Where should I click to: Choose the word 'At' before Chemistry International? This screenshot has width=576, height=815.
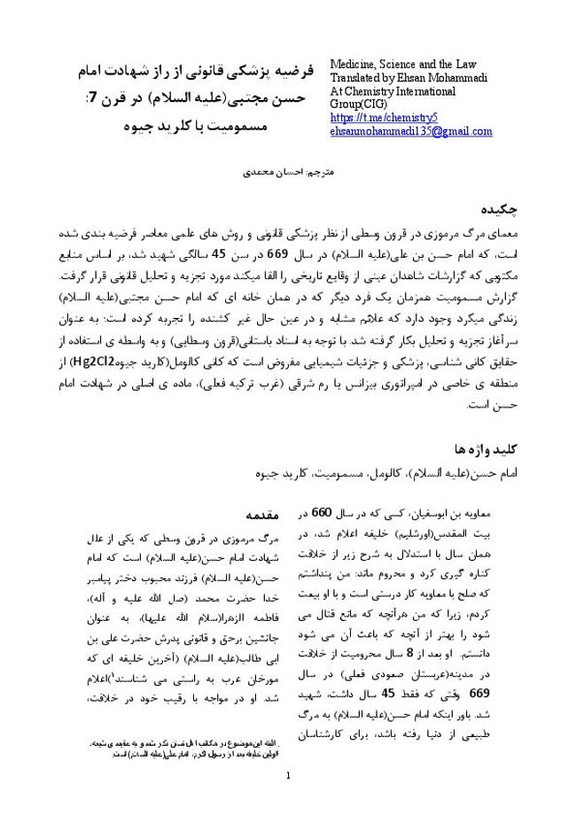[338, 91]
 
